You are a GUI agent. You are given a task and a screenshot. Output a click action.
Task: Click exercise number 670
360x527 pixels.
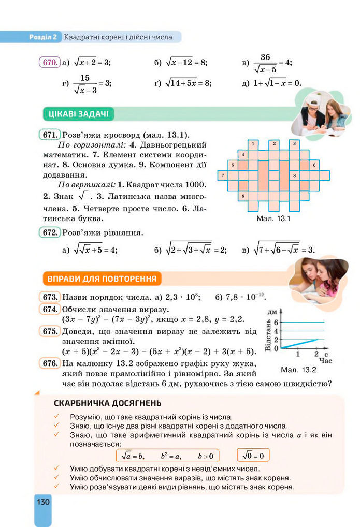pos(49,62)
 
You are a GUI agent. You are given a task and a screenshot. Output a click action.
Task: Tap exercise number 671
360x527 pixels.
pos(49,135)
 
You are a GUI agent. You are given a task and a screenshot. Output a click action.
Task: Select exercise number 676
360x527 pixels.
pos(49,363)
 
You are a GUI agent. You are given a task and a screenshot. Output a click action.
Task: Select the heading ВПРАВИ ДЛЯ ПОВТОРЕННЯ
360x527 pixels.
pos(102,279)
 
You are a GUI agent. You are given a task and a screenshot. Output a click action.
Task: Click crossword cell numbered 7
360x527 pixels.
pos(222,175)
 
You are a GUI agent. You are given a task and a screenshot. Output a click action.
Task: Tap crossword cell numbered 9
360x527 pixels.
pos(243,196)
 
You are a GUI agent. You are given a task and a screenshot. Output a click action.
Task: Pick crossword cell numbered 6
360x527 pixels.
pos(314,165)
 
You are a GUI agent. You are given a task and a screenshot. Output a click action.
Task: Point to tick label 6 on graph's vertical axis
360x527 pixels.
pos(276,322)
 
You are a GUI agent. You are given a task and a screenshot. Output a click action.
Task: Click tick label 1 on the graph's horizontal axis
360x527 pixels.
pos(298,354)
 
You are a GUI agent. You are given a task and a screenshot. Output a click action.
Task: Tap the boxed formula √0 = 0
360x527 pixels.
pos(253,456)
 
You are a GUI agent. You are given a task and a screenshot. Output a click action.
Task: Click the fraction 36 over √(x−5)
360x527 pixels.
pos(265,63)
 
